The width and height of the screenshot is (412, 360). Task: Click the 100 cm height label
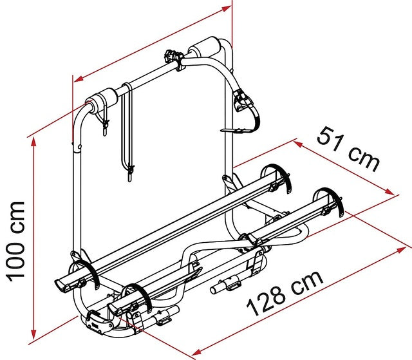[x=15, y=242]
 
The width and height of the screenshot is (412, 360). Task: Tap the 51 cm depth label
[x=349, y=149]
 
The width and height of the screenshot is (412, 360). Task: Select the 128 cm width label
[x=285, y=293]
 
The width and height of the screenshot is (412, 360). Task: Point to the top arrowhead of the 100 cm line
[x=33, y=142]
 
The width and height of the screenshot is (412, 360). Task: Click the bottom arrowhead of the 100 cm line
[x=33, y=334]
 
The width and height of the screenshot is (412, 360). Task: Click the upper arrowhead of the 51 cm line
[x=299, y=144]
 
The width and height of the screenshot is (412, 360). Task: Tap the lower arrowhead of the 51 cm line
[x=389, y=191]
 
